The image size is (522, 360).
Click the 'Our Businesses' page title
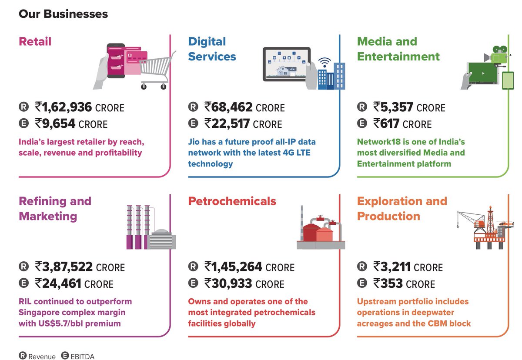pos(63,14)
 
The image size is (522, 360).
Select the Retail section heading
pos(35,42)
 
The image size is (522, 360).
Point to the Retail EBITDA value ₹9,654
pos(56,123)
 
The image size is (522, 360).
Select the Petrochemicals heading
pos(232,201)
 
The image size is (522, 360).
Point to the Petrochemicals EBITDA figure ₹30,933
pos(228,283)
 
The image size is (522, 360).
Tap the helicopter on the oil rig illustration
pos(504,225)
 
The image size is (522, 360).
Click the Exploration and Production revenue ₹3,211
pos(392,267)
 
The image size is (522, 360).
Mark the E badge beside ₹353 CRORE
pos(361,284)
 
